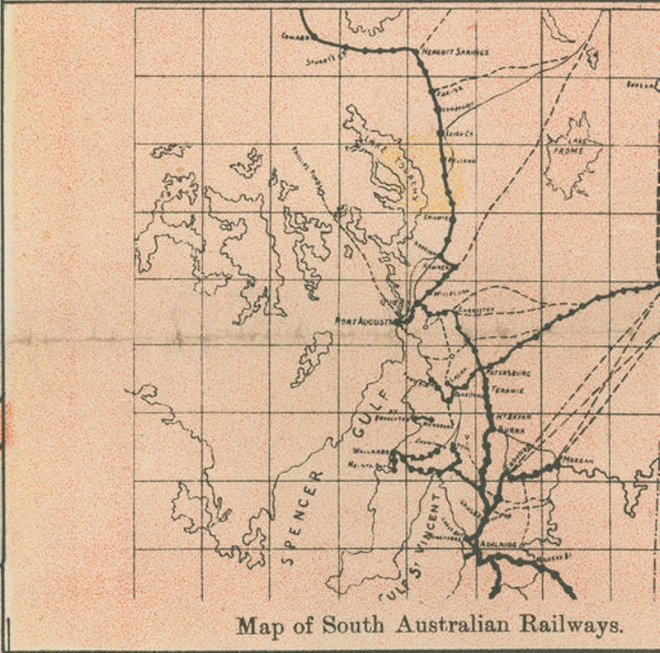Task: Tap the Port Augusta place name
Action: (365, 320)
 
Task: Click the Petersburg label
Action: (511, 373)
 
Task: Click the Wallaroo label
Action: (370, 452)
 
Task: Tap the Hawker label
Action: (438, 266)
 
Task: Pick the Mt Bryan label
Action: (513, 417)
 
